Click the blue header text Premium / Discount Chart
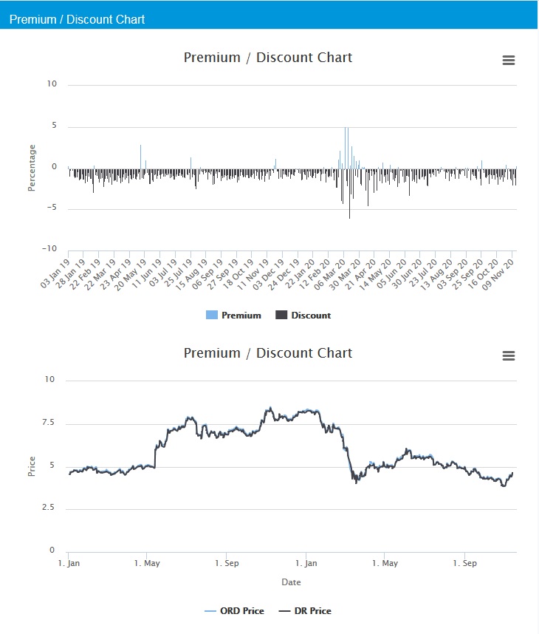pos(77,19)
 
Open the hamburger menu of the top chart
pos(508,61)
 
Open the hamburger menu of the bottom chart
pos(508,356)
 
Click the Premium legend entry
pos(234,316)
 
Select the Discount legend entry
pos(303,316)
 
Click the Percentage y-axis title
pos(32,168)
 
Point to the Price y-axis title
pos(32,466)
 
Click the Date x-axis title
pos(291,582)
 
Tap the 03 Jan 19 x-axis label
pos(57,273)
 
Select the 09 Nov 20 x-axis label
pos(502,273)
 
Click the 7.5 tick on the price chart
pos(47,423)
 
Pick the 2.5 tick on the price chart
pos(47,508)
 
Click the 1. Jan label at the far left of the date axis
pos(69,563)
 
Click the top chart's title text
pos(268,58)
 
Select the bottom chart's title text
pos(268,353)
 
